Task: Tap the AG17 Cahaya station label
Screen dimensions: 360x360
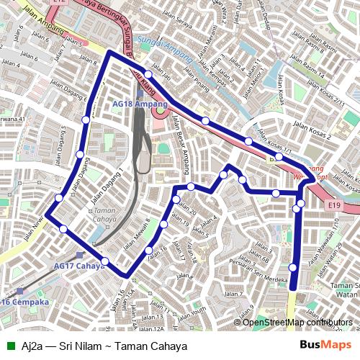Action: click(79, 265)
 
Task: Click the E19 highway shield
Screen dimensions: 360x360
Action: click(333, 207)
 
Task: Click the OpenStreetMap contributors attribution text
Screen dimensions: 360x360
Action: click(297, 323)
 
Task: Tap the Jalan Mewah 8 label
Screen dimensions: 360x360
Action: click(137, 235)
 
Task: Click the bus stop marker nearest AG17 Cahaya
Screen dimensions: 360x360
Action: click(104, 261)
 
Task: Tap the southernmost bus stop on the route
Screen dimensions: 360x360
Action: click(292, 268)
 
